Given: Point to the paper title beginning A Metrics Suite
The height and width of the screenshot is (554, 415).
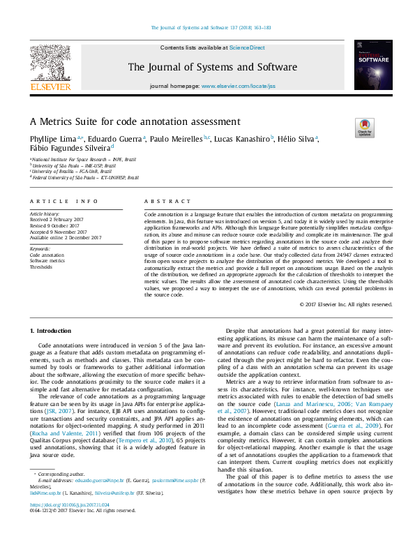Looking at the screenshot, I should pyautogui.click(x=135, y=121).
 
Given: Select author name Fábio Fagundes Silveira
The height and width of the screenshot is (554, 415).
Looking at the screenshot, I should pyautogui.click(x=68, y=148).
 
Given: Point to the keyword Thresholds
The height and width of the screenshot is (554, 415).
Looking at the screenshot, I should pyautogui.click(x=41, y=267).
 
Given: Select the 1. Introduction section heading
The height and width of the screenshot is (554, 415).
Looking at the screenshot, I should pyautogui.click(x=52, y=329).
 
